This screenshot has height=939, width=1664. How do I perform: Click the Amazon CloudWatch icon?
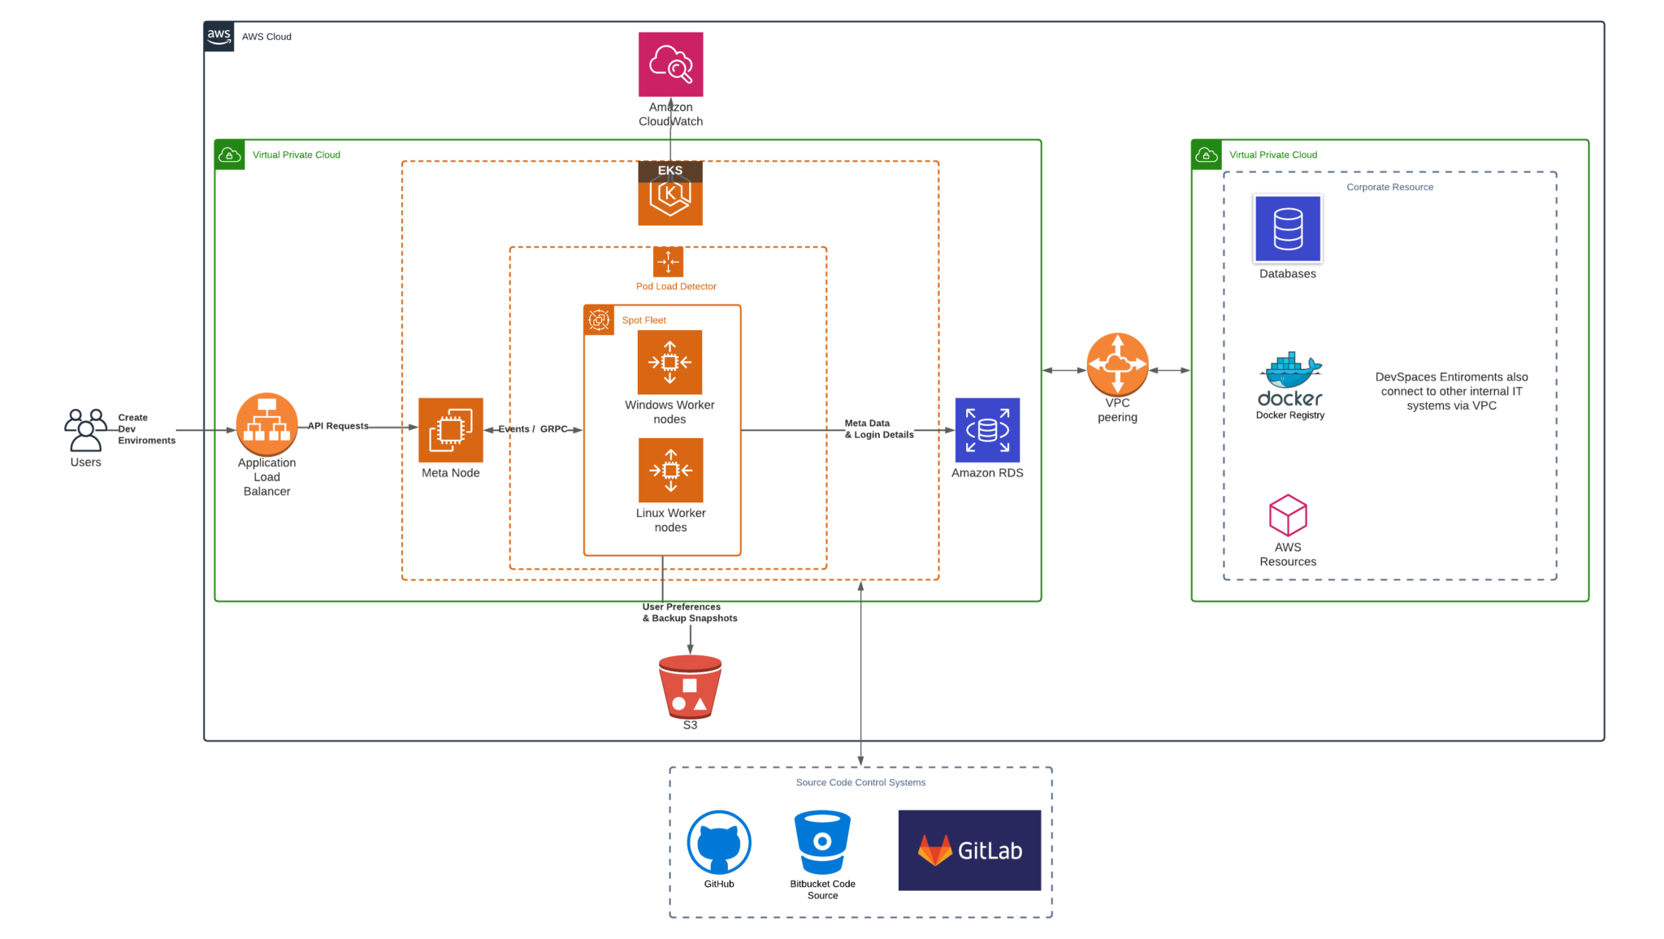click(670, 64)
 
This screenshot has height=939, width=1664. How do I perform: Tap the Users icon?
click(85, 430)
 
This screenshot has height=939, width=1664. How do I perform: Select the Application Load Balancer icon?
click(266, 424)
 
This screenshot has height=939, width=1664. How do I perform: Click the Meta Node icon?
click(450, 430)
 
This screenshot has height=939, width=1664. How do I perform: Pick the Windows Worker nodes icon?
click(669, 363)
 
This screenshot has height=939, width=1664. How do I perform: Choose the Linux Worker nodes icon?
click(670, 470)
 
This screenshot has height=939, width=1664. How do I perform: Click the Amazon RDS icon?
click(987, 430)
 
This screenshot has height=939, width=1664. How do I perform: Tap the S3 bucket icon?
click(690, 687)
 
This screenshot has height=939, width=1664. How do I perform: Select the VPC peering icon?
click(1117, 364)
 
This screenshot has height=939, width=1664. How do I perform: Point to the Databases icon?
click(1288, 229)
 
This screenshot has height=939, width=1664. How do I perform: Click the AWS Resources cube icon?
click(1288, 515)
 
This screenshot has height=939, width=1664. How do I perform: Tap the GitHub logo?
click(719, 842)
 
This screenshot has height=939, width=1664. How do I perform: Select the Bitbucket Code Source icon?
click(822, 842)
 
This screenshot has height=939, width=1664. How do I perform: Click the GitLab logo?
click(969, 850)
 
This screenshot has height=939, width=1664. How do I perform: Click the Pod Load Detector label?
click(676, 286)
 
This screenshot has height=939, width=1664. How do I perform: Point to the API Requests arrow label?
click(338, 426)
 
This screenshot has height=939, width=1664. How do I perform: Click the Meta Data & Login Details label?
click(878, 429)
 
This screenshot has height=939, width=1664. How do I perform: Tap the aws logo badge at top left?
click(219, 37)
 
